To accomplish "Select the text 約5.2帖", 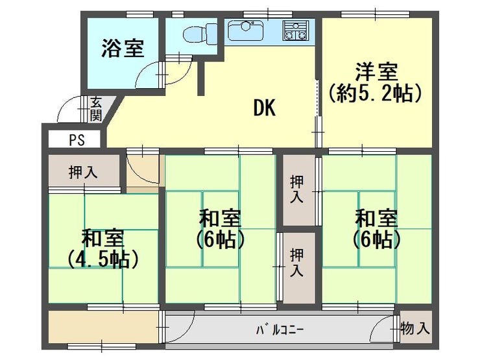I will click(x=376, y=93).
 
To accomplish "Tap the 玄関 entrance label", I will click(x=96, y=108).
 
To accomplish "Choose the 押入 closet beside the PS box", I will click(x=83, y=172).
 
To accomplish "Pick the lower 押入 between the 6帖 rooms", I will click(x=296, y=263).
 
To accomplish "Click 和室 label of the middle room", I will click(x=220, y=216).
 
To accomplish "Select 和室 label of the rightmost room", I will click(x=376, y=216).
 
